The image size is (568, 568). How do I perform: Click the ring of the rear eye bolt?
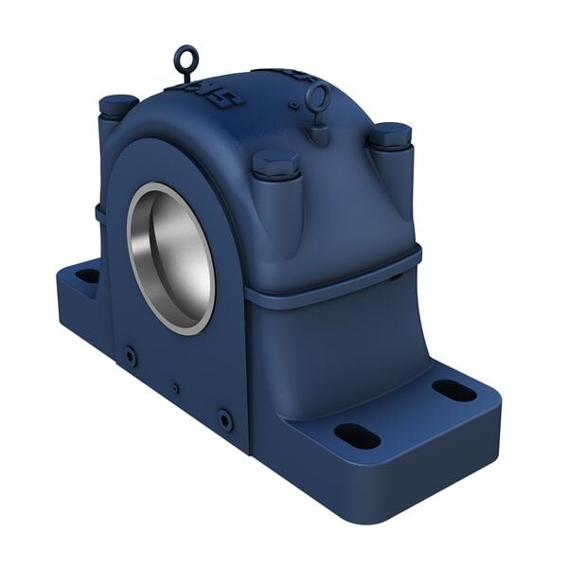click(185, 58)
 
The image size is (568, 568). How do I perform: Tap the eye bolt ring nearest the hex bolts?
click(319, 96)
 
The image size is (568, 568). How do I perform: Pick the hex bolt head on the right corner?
click(389, 134)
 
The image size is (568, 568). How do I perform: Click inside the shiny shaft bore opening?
click(171, 257)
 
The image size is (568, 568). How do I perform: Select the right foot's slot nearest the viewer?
click(357, 435)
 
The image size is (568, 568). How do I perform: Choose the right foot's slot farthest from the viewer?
click(454, 390)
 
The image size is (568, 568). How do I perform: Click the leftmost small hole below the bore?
click(130, 355)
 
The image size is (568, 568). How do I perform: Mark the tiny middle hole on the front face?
click(175, 386)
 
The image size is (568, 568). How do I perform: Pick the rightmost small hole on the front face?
click(224, 417)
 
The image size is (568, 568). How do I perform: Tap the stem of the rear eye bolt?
click(186, 76)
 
